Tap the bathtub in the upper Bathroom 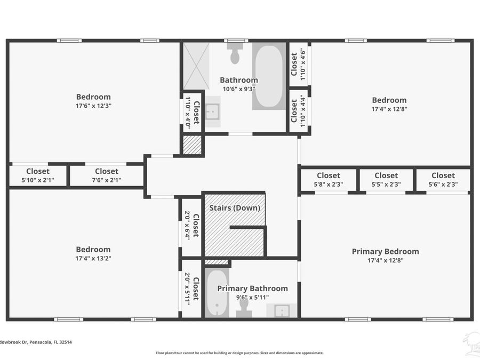(x=268, y=76)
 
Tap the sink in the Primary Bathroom (x=282, y=310)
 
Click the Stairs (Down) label (x=235, y=208)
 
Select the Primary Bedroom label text (x=385, y=252)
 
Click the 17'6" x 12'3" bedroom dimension (x=93, y=106)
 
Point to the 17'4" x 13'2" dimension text (x=93, y=258)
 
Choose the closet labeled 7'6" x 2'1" (x=107, y=175)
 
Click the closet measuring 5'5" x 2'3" (x=386, y=180)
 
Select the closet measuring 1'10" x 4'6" (x=298, y=64)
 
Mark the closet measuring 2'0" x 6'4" (x=191, y=226)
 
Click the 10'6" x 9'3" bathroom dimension (x=238, y=89)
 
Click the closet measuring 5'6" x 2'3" (x=443, y=180)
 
